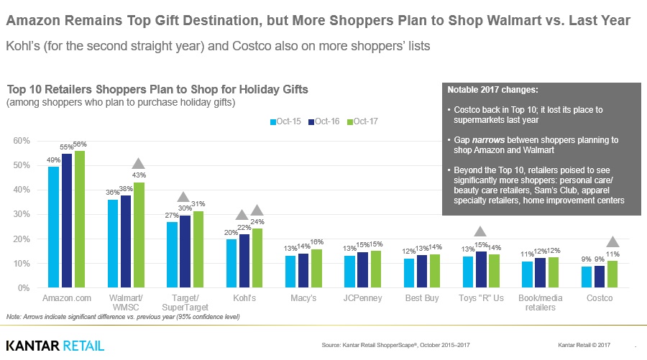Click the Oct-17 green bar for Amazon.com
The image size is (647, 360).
79,219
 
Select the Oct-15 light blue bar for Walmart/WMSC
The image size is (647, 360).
113,244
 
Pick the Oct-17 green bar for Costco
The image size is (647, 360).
612,274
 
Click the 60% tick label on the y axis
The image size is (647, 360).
22,141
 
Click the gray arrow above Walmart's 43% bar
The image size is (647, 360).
139,165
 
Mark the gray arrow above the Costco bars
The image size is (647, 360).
612,242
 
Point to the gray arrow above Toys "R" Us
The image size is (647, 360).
480,231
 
